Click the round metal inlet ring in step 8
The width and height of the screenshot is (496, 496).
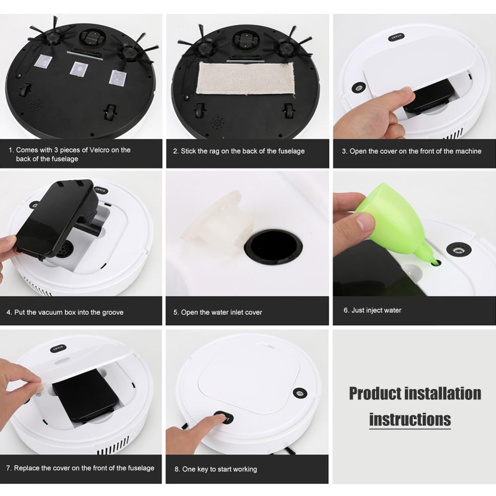tap(299, 393)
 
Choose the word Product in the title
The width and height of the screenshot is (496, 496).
tap(375, 393)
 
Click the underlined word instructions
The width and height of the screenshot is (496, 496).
tap(410, 420)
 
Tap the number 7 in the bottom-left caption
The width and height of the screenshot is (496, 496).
tap(8, 468)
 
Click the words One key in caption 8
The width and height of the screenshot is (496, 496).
tap(196, 469)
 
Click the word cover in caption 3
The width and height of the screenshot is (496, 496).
tap(390, 151)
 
